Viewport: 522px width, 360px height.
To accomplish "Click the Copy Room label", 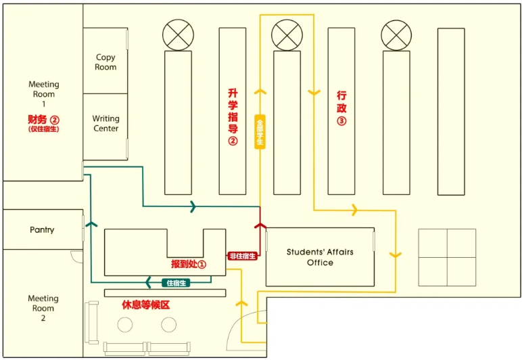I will (105, 62).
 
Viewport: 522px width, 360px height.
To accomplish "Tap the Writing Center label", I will (105, 124).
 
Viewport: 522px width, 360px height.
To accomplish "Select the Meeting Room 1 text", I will (44, 94).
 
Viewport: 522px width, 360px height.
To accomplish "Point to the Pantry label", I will (42, 230).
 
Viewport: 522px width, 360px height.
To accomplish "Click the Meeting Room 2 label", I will (43, 308).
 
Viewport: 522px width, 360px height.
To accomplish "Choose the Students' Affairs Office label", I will (320, 257).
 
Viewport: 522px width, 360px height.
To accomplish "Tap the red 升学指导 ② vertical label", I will (233, 116).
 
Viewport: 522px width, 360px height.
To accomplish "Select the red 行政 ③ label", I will (341, 108).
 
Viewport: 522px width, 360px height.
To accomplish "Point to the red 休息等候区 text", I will (145, 305).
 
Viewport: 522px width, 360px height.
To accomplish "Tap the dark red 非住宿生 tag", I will (242, 256).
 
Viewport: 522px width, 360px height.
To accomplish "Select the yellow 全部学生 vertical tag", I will (260, 132).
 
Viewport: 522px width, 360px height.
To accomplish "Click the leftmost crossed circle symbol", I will (178, 34).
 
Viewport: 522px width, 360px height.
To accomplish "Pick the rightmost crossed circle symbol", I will (396, 34).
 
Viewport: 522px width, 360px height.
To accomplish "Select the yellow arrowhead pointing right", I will (353, 212).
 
